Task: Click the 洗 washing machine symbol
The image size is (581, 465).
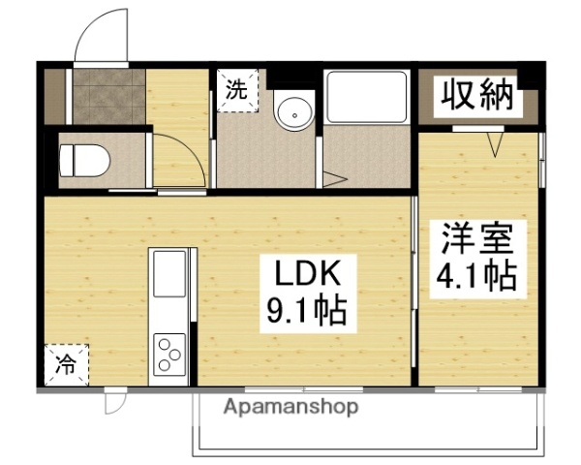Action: click(236, 91)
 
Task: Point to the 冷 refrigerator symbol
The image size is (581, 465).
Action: click(65, 365)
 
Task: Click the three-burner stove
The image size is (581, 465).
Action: click(170, 353)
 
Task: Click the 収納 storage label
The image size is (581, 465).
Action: click(475, 95)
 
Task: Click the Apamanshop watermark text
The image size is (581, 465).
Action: click(291, 407)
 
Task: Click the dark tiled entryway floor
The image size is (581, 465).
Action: click(108, 97)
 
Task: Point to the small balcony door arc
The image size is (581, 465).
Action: click(115, 399)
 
